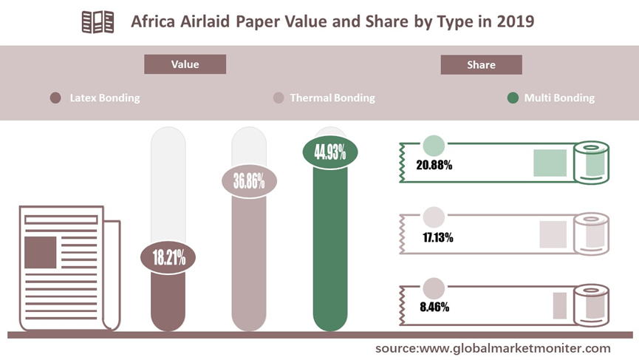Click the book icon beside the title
pyautogui.click(x=98, y=22)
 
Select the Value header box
pyautogui.click(x=185, y=64)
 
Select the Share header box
pyautogui.click(x=482, y=65)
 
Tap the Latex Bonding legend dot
pyautogui.click(x=55, y=98)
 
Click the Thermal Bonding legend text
pyautogui.click(x=332, y=98)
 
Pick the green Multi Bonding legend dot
pyautogui.click(x=513, y=98)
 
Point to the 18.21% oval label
pyautogui.click(x=168, y=257)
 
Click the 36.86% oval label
pyautogui.click(x=249, y=181)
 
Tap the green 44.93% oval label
pyautogui.click(x=330, y=152)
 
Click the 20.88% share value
pyautogui.click(x=434, y=165)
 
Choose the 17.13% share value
pyautogui.click(x=437, y=237)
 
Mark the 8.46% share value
pyautogui.click(x=434, y=307)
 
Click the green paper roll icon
pyautogui.click(x=591, y=163)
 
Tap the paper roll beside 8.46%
pyautogui.click(x=591, y=306)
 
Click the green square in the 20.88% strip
pyautogui.click(x=550, y=163)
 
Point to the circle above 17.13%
pyautogui.click(x=434, y=217)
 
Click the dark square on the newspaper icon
pyautogui.click(x=41, y=252)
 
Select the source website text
pyautogui.click(x=493, y=349)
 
